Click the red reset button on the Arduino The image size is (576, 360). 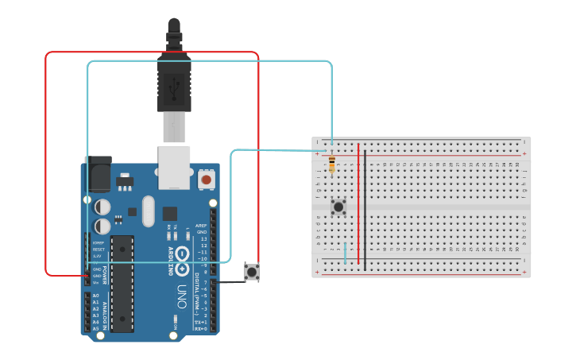207,180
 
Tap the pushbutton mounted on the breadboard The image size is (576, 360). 338,207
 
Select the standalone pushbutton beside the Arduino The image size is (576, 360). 252,273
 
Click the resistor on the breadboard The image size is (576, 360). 331,165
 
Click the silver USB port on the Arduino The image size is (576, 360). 174,167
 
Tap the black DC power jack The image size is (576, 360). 97,175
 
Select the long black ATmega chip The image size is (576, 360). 122,283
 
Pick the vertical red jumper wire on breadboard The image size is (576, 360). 358,204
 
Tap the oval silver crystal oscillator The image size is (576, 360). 149,210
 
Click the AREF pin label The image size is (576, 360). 201,226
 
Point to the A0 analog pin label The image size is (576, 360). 95,296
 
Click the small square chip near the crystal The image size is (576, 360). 170,213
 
